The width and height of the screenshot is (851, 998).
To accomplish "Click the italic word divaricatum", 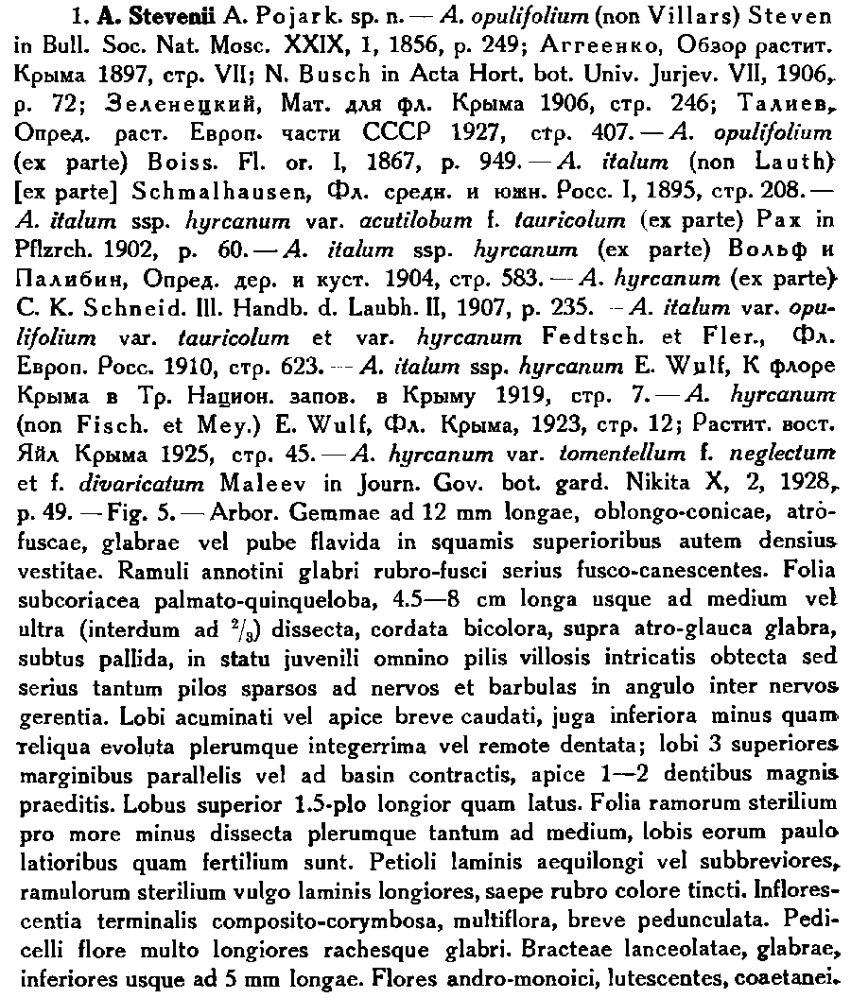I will click(131, 489).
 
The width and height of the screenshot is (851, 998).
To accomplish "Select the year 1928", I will click(803, 489).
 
